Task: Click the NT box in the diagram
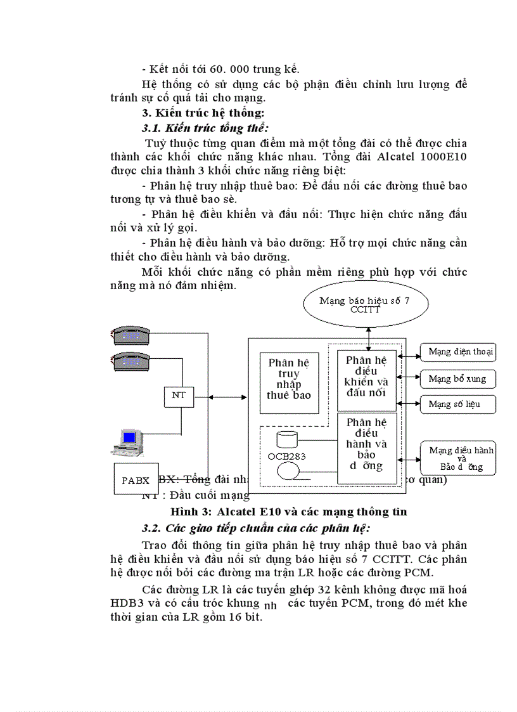coord(179,396)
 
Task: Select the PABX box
coord(136,480)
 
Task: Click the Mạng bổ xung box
coord(457,379)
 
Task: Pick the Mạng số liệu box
coord(454,404)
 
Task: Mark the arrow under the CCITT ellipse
coord(366,336)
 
